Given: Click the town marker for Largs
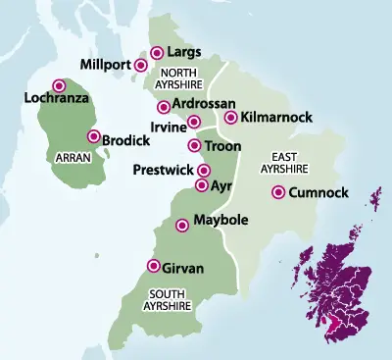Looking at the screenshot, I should pos(158,52).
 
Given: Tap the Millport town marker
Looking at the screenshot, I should pos(141,66).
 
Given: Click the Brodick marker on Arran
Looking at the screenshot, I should pos(94,137).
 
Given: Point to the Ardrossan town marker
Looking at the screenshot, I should pos(164,107).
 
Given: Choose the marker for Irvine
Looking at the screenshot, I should pos(194,122).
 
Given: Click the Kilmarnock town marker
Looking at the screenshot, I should pos(231,118).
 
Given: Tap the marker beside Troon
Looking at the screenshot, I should pos(194,146).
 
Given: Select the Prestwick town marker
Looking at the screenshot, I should pos(204,170).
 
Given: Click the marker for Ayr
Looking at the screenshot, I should pos(202,184).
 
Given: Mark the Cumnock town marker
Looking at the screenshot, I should pos(279,192).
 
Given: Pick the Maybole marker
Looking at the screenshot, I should pos(181,226).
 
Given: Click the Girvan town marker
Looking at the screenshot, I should pos(153,266).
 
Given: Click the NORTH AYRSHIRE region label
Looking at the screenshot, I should pos(181,77).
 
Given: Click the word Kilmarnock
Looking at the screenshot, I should pos(275,118).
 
